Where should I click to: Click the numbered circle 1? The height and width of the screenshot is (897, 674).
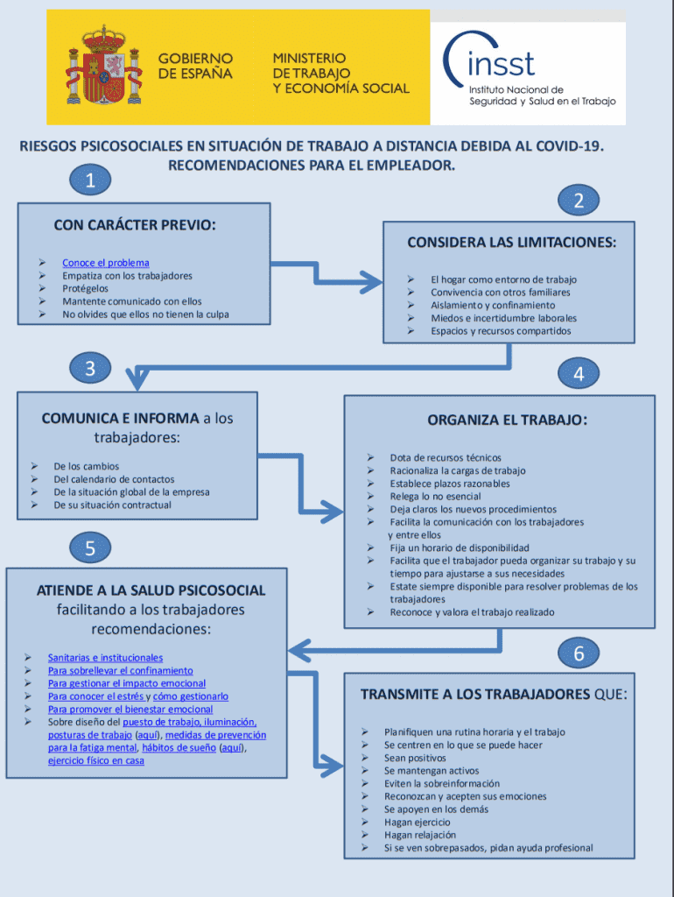[91, 181]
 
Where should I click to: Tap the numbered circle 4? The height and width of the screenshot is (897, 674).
[579, 374]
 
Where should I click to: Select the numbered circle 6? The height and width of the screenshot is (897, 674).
[579, 653]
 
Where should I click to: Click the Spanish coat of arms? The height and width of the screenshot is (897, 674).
[104, 66]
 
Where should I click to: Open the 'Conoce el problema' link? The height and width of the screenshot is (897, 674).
[106, 263]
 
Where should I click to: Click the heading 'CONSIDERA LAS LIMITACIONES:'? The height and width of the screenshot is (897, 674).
[511, 243]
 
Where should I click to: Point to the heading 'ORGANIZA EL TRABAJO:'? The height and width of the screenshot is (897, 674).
[507, 420]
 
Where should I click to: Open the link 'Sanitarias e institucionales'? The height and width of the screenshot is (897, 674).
[105, 658]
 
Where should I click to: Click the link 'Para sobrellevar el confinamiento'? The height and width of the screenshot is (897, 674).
[121, 671]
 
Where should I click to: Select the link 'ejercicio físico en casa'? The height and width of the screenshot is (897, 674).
[96, 761]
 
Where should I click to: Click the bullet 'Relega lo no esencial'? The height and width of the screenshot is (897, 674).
[437, 497]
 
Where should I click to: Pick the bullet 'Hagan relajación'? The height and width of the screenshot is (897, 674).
[420, 835]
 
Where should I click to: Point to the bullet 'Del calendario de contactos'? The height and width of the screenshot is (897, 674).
[114, 479]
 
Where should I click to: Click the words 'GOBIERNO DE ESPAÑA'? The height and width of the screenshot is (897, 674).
[195, 66]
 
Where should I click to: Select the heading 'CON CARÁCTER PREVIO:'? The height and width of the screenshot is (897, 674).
[135, 225]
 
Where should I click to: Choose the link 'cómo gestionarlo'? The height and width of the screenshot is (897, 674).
[191, 696]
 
